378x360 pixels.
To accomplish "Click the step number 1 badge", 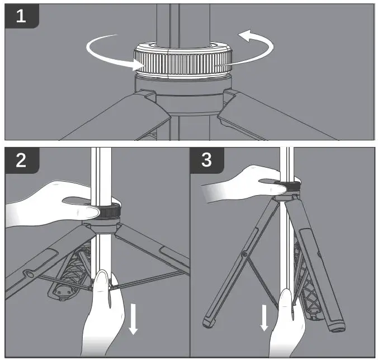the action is tap(22, 16).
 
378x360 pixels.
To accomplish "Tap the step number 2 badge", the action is tap(22, 160).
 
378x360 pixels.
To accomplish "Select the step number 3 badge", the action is tap(207, 160).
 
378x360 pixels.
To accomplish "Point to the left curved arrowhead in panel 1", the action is tap(139, 65).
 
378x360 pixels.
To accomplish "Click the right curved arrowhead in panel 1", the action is tap(245, 36).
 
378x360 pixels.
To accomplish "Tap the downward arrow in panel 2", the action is tap(133, 319).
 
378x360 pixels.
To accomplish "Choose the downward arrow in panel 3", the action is tap(264, 318).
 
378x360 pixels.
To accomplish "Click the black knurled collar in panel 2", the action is tap(109, 211).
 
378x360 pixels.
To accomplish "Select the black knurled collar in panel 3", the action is tap(292, 186).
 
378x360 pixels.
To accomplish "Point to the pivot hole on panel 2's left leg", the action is tap(30, 274).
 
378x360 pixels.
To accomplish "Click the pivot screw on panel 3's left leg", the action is tap(245, 254).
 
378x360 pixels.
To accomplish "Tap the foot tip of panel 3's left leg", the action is tap(208, 323).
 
